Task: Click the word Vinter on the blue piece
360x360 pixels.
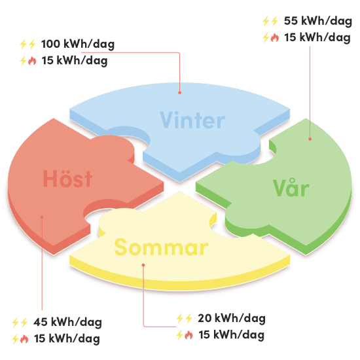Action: tap(192, 120)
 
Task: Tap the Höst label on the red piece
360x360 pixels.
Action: tap(67, 179)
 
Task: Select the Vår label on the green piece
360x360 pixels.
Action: tap(291, 187)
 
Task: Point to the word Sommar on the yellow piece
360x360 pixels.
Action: tap(161, 247)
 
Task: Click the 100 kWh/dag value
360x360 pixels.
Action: tap(78, 44)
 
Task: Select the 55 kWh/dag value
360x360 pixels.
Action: tap(317, 21)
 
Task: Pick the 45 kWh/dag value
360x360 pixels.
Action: tap(67, 322)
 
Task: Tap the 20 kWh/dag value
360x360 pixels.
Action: tap(232, 319)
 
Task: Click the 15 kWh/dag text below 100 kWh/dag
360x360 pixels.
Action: tap(75, 61)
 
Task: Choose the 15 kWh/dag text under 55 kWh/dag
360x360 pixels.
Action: tap(317, 37)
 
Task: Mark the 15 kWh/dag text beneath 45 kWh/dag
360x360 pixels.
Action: tap(67, 338)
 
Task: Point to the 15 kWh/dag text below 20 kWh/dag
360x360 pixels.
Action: tap(232, 334)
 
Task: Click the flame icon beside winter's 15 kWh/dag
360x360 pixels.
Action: tap(32, 61)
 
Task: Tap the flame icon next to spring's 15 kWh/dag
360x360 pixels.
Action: tap(275, 38)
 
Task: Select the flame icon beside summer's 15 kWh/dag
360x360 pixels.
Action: tap(189, 335)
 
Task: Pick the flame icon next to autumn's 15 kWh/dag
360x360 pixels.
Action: tap(24, 339)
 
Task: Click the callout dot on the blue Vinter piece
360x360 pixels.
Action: tap(180, 92)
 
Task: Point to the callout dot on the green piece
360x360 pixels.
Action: tap(310, 139)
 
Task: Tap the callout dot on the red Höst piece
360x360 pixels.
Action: tap(42, 217)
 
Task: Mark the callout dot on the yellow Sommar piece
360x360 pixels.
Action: tap(143, 265)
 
